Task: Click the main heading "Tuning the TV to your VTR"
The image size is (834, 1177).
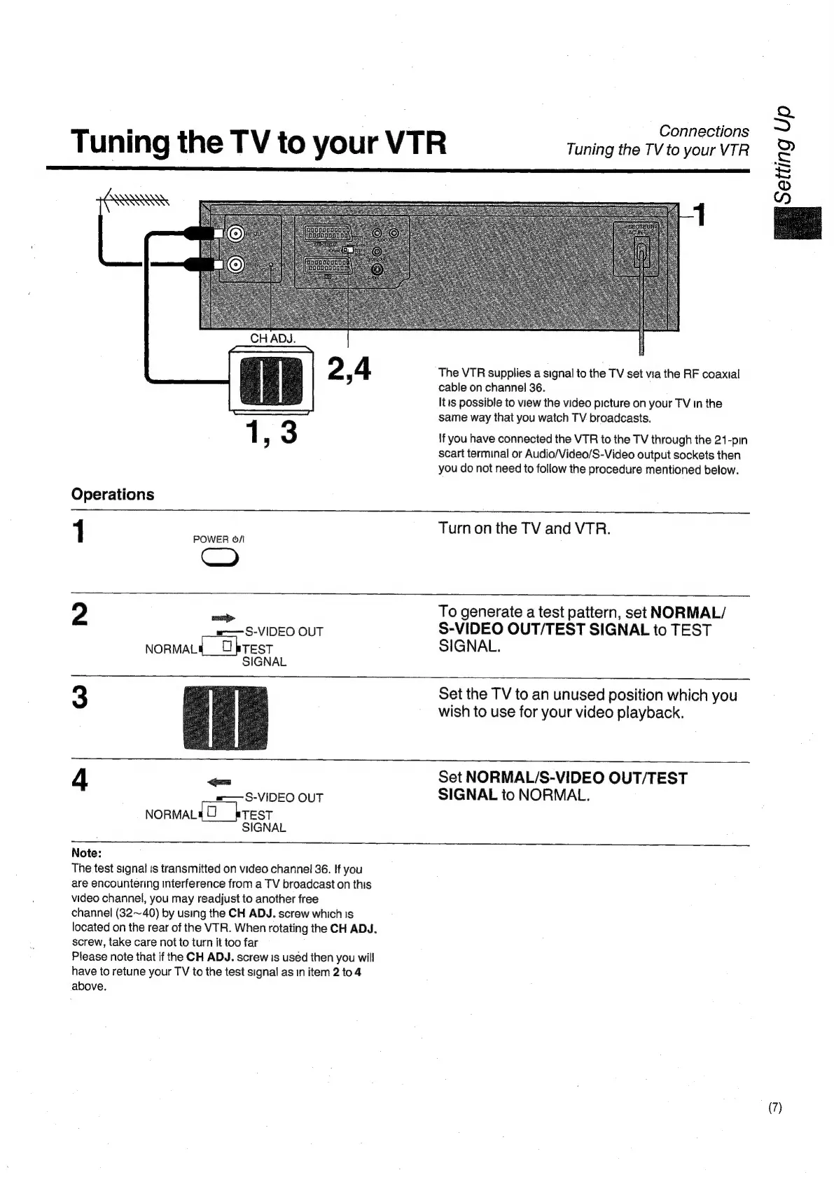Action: tap(258, 143)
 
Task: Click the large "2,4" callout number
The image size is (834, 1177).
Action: tap(349, 369)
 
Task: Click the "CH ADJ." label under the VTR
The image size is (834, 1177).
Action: tap(273, 339)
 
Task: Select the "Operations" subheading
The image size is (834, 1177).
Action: tap(113, 494)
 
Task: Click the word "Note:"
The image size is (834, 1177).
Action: tap(87, 853)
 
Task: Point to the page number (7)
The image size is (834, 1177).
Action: tap(774, 1108)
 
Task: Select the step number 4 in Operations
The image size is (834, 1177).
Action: tap(81, 780)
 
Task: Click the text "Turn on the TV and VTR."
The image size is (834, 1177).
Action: tap(524, 528)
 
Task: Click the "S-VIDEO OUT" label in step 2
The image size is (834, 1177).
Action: tap(284, 632)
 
